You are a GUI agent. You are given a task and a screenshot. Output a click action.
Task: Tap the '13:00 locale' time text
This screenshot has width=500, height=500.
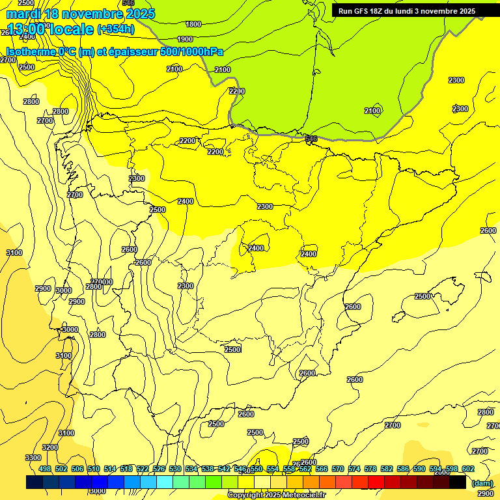pos(49,29)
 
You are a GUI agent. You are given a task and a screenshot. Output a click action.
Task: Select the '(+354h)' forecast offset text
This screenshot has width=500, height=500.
pos(116,29)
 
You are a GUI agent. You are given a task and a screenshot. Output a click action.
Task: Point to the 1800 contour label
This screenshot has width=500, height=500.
pos(193,24)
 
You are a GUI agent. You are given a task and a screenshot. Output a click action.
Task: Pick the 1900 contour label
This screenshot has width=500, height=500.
pos(185,38)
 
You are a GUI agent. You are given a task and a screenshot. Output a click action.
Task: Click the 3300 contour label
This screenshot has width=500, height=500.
pos(33,458)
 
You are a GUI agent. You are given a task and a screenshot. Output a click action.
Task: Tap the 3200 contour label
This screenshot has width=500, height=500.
pos(50,447)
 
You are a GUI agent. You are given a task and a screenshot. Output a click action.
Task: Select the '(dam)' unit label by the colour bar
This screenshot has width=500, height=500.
pos(482,483)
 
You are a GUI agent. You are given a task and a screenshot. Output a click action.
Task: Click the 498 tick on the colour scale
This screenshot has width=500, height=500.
pos(45,469)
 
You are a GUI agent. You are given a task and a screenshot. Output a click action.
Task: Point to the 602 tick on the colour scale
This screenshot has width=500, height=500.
pos(468,469)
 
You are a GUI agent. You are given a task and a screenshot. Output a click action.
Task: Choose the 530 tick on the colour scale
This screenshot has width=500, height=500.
pos(175,469)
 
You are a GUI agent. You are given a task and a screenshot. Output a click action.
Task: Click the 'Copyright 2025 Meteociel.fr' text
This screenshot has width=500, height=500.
pos(276,495)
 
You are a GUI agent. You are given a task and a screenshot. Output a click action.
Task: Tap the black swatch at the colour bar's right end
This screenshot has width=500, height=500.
pos(458,482)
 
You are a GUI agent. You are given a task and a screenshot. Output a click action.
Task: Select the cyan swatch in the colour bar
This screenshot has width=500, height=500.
pos(165,482)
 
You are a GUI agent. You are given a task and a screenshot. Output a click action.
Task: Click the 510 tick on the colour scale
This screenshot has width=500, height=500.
pos(94,469)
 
